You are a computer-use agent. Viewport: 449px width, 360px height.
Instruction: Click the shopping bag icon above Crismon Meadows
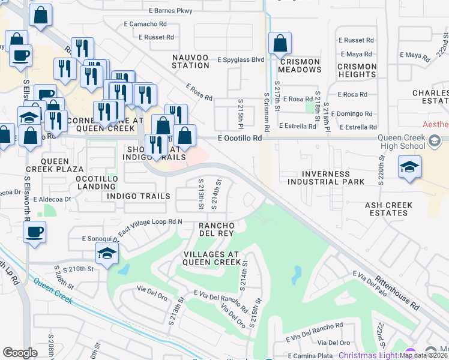(280, 44)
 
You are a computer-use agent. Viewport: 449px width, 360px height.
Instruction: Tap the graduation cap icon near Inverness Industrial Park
(409, 167)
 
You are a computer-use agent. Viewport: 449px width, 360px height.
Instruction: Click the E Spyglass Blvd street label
(241, 61)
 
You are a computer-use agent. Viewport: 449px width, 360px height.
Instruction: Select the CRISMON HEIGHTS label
(357, 71)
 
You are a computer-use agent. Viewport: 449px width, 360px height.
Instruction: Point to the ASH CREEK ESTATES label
(389, 209)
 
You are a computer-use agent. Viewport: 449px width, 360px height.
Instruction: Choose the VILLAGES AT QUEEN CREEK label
(211, 258)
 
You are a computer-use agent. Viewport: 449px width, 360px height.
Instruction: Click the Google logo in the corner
(20, 353)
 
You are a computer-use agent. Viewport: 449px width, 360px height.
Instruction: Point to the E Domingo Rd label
(355, 113)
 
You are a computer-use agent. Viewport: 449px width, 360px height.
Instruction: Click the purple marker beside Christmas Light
(410, 354)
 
